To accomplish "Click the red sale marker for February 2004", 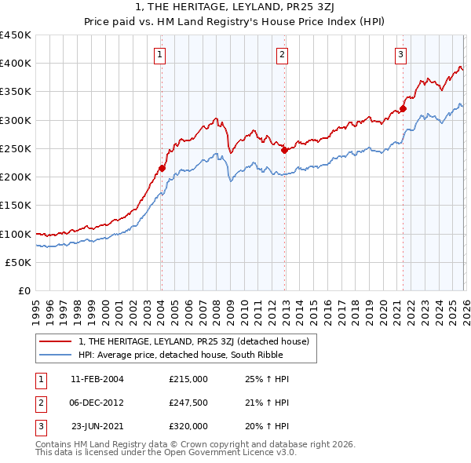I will pos(162,168).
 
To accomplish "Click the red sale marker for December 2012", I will pos(284,150).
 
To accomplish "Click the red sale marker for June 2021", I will pos(403,108).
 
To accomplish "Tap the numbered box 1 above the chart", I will pos(160,54).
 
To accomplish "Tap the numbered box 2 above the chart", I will pos(281,54).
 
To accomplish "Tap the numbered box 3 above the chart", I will pos(400,54).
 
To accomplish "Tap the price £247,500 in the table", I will pos(188,403).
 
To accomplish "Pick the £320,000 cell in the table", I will pos(188,426).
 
